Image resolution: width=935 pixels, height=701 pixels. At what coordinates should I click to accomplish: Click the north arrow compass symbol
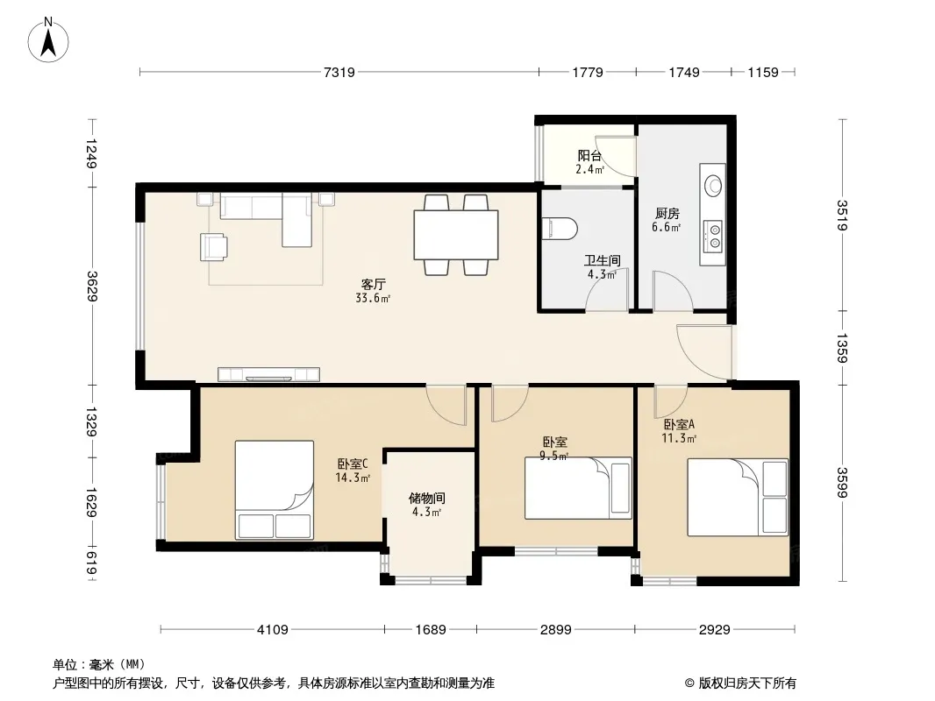pos(48,40)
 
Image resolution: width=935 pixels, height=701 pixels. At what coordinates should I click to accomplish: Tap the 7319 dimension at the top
pos(339,72)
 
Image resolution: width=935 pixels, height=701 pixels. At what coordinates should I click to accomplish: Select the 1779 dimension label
pos(588,72)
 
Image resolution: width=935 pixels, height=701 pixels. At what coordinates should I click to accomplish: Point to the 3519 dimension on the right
pos(841,215)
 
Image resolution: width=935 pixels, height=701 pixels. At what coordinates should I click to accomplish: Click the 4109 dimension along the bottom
pos(272,629)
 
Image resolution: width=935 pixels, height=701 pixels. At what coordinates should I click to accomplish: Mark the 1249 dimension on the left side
pos(91,153)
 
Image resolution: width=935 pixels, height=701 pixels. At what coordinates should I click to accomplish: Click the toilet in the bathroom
pos(560,228)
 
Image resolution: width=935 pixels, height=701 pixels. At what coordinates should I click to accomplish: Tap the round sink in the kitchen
pos(713,185)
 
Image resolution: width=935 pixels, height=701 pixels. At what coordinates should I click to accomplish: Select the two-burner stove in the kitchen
pos(713,236)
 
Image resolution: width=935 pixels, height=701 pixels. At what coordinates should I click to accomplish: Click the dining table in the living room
pos(456,235)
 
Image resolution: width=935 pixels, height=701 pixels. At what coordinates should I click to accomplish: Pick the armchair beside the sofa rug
pos(213,246)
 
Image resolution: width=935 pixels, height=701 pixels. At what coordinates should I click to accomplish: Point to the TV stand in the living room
pos(268,374)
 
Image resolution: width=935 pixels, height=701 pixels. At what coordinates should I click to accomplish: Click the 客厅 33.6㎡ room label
pos(373,291)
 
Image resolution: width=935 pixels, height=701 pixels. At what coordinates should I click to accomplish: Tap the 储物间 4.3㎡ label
pos(427,505)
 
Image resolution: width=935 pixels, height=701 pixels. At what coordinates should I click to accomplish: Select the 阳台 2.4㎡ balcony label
pos(589,162)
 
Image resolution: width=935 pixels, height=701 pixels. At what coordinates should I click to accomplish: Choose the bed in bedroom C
pos(275,490)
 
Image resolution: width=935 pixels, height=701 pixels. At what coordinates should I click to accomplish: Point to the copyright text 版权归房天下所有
pos(747,683)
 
